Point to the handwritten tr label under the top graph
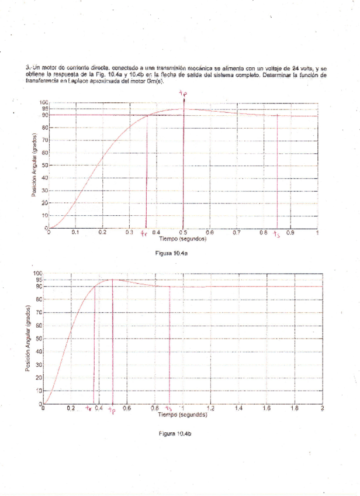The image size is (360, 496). (143, 234)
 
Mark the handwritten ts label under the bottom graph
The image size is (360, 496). (169, 409)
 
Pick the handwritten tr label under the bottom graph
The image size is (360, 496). (89, 409)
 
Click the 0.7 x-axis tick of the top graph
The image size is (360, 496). (237, 232)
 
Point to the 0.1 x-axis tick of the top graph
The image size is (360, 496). (75, 232)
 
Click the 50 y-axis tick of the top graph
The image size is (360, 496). (43, 166)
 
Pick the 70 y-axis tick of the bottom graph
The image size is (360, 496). (39, 312)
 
